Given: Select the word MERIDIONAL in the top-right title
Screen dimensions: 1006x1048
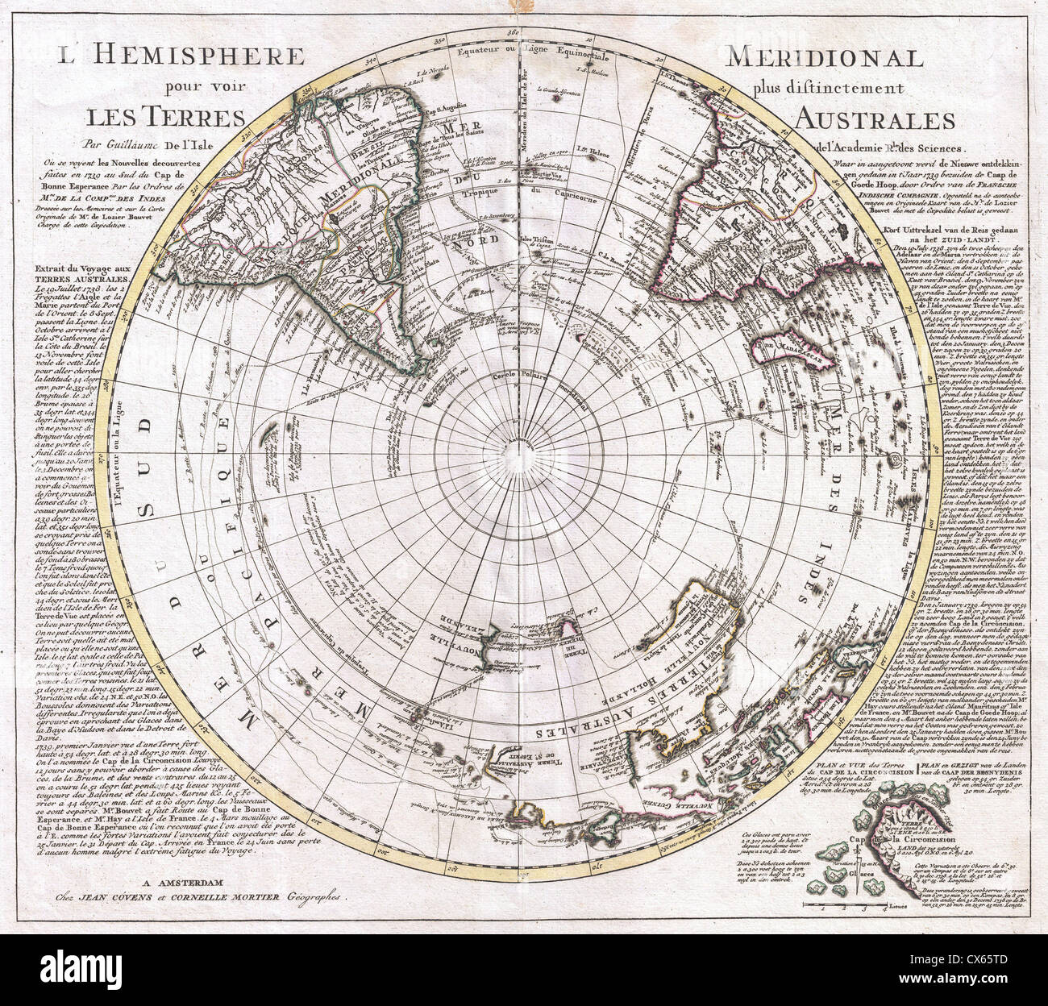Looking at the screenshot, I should (824, 58).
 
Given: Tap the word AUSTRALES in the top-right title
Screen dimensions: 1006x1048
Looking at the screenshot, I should (874, 119).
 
